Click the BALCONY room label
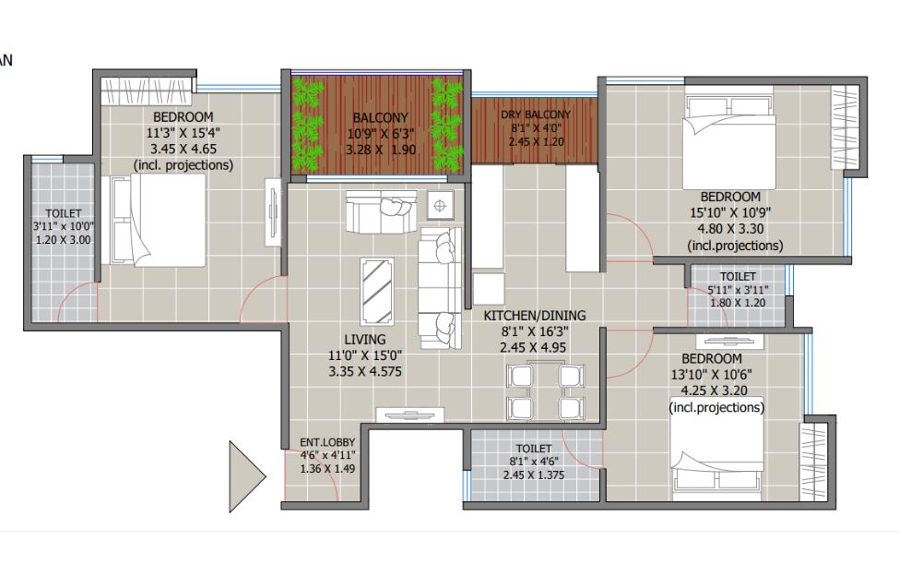380,117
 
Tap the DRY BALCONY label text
536,114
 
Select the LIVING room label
364,340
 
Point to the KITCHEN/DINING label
535,315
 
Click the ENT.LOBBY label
327,442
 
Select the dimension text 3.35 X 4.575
365,371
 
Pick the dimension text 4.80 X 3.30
730,229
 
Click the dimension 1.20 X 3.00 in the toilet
63,240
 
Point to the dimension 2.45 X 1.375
534,475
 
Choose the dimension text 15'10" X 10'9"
730,212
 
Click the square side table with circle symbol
440,206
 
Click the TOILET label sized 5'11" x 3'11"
738,276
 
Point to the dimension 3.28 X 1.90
381,150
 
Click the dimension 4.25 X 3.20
714,391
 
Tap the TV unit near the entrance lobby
410,415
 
